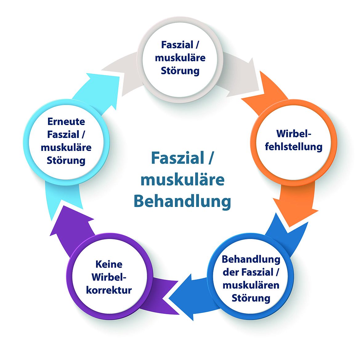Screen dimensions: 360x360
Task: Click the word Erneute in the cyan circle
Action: pos(66,122)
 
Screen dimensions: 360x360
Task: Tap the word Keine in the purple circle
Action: pos(109,264)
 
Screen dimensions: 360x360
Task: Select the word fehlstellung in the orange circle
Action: pos(293,147)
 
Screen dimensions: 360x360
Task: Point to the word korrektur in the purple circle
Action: pos(109,290)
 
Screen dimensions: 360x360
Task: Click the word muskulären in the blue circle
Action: pos(251,285)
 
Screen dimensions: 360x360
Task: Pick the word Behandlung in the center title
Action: pos(182,201)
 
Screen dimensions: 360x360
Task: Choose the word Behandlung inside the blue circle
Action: pos(251,259)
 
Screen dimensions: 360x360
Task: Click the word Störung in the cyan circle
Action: pos(66,160)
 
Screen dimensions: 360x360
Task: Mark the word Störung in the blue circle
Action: pos(251,298)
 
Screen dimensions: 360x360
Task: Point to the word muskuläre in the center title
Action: pos(182,180)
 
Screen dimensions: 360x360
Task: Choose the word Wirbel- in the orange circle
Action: pos(293,134)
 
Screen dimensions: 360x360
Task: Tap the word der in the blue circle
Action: pos(231,272)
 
